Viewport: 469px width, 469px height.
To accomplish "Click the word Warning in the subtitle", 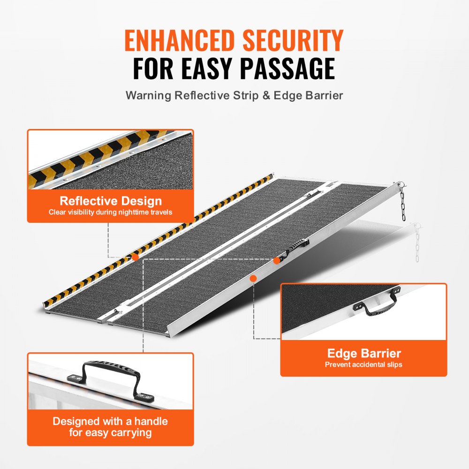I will click(x=148, y=95).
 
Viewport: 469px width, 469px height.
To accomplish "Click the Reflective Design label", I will click(x=111, y=201).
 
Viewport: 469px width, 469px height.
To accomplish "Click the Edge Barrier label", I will click(x=364, y=353).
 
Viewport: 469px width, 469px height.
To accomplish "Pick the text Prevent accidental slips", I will click(x=364, y=364).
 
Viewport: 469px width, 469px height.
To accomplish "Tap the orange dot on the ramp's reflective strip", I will click(x=135, y=257).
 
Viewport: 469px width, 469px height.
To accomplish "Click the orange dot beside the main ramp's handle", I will click(x=277, y=258).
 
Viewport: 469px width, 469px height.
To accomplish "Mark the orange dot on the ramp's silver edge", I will click(x=253, y=278).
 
